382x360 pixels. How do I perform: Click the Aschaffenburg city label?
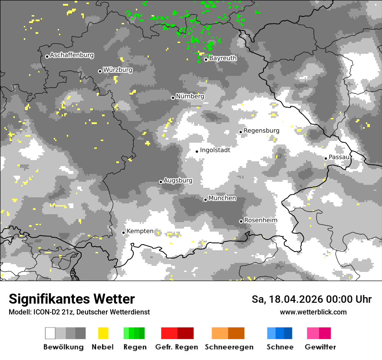click(x=72, y=56)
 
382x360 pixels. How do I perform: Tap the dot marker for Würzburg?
click(x=100, y=71)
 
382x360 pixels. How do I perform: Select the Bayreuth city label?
click(x=223, y=58)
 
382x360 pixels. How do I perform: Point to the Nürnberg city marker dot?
click(x=173, y=98)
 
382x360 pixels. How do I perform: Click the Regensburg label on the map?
click(x=261, y=131)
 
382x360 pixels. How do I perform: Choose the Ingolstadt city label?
click(x=215, y=150)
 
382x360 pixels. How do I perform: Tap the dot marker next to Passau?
click(x=326, y=158)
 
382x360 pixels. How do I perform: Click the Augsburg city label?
click(x=178, y=180)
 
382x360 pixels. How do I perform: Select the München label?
click(x=222, y=198)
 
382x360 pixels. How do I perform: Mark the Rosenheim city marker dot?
click(x=241, y=222)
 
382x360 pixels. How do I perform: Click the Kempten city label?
click(x=140, y=231)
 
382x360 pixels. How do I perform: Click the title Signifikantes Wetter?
click(x=72, y=299)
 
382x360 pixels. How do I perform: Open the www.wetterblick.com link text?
click(x=313, y=312)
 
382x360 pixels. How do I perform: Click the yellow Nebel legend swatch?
click(x=103, y=333)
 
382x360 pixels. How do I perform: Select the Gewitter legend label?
click(x=320, y=347)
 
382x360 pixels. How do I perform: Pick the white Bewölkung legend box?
click(x=50, y=333)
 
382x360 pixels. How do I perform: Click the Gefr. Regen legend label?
click(x=176, y=347)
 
